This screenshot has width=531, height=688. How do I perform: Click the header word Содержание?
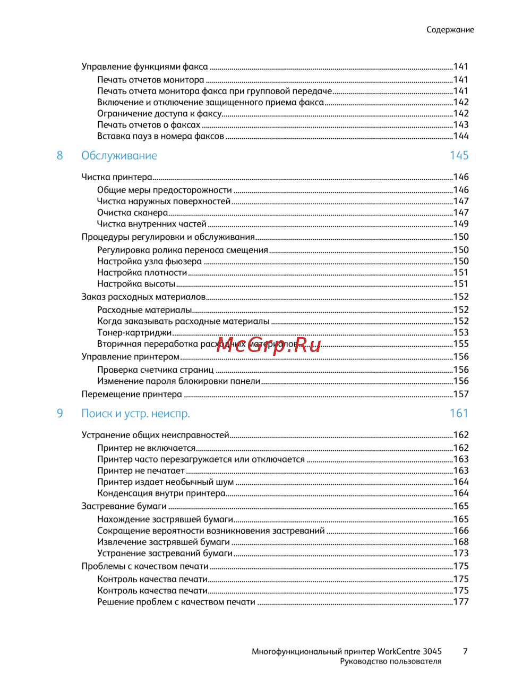[x=450, y=30]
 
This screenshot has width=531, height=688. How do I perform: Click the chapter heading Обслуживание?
[x=119, y=156]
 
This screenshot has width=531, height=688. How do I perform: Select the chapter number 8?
[x=59, y=156]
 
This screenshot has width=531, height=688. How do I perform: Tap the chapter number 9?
[x=59, y=414]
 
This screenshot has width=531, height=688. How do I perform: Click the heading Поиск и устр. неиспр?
[x=135, y=414]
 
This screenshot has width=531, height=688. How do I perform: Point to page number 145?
[x=459, y=156]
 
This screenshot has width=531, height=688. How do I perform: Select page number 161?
[x=459, y=414]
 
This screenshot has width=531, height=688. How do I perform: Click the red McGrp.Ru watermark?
[x=269, y=345]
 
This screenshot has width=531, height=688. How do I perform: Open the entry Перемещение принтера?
[x=132, y=395]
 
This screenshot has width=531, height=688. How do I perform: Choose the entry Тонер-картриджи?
[x=134, y=333]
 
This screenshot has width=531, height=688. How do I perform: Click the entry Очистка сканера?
[x=132, y=213]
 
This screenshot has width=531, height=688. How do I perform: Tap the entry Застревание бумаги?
[x=124, y=507]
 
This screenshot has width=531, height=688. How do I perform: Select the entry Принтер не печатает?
[x=141, y=471]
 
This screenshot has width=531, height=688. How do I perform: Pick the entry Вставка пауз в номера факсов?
[x=160, y=137]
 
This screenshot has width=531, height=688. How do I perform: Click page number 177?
[x=461, y=602]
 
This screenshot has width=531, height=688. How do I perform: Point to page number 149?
[x=461, y=224]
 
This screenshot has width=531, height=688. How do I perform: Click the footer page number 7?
[x=465, y=651]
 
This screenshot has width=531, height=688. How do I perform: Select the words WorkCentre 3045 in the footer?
[x=409, y=651]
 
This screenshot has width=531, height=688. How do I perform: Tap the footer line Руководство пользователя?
[x=391, y=662]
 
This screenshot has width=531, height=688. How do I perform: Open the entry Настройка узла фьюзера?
[x=149, y=262]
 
